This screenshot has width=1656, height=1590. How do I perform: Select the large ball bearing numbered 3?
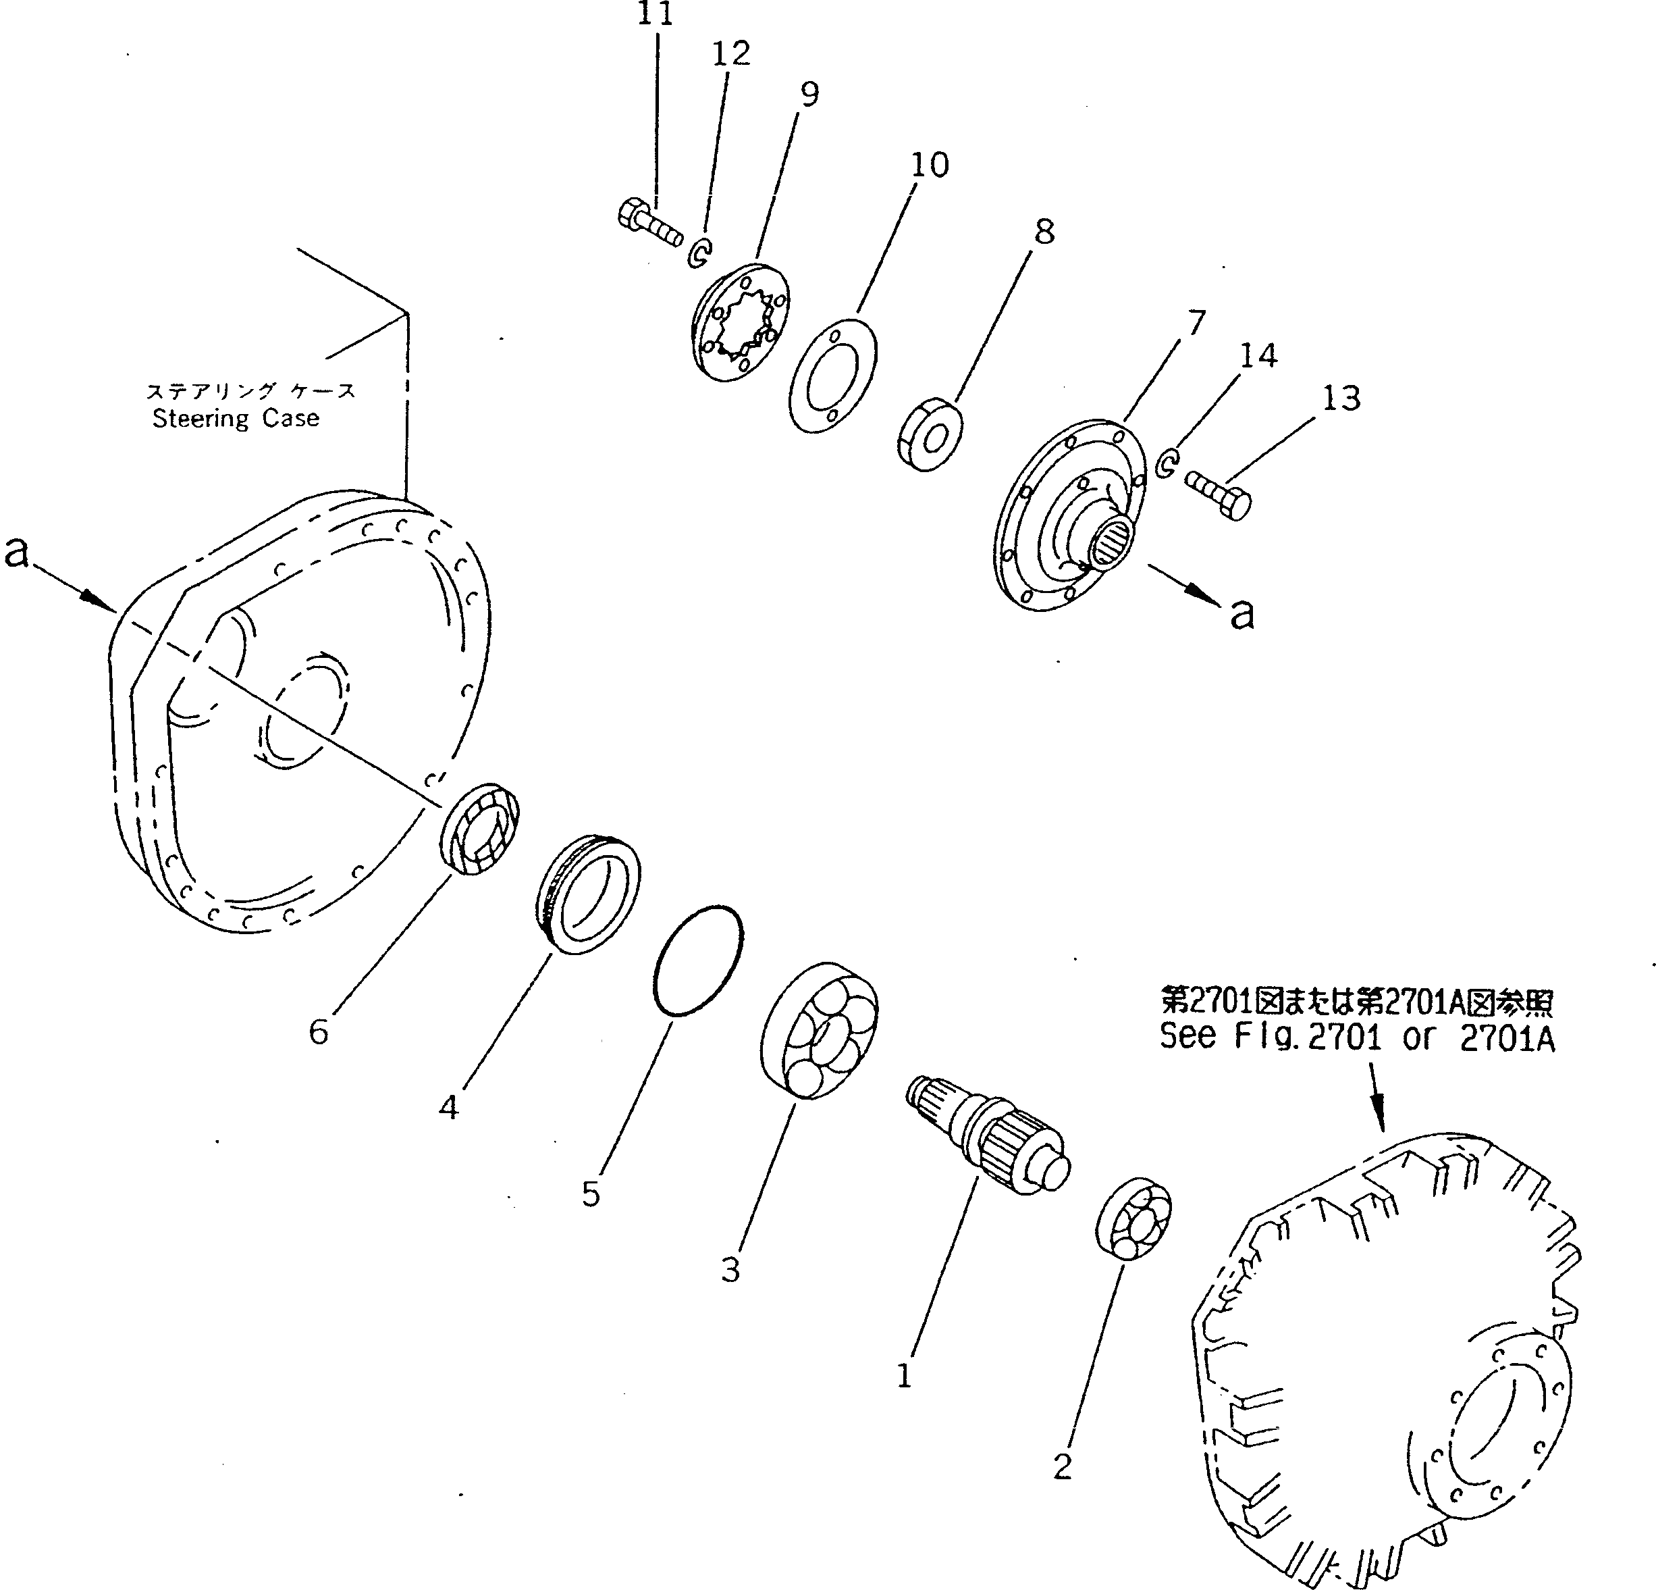(x=819, y=1029)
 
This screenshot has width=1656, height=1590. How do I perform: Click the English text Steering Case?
(x=236, y=418)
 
